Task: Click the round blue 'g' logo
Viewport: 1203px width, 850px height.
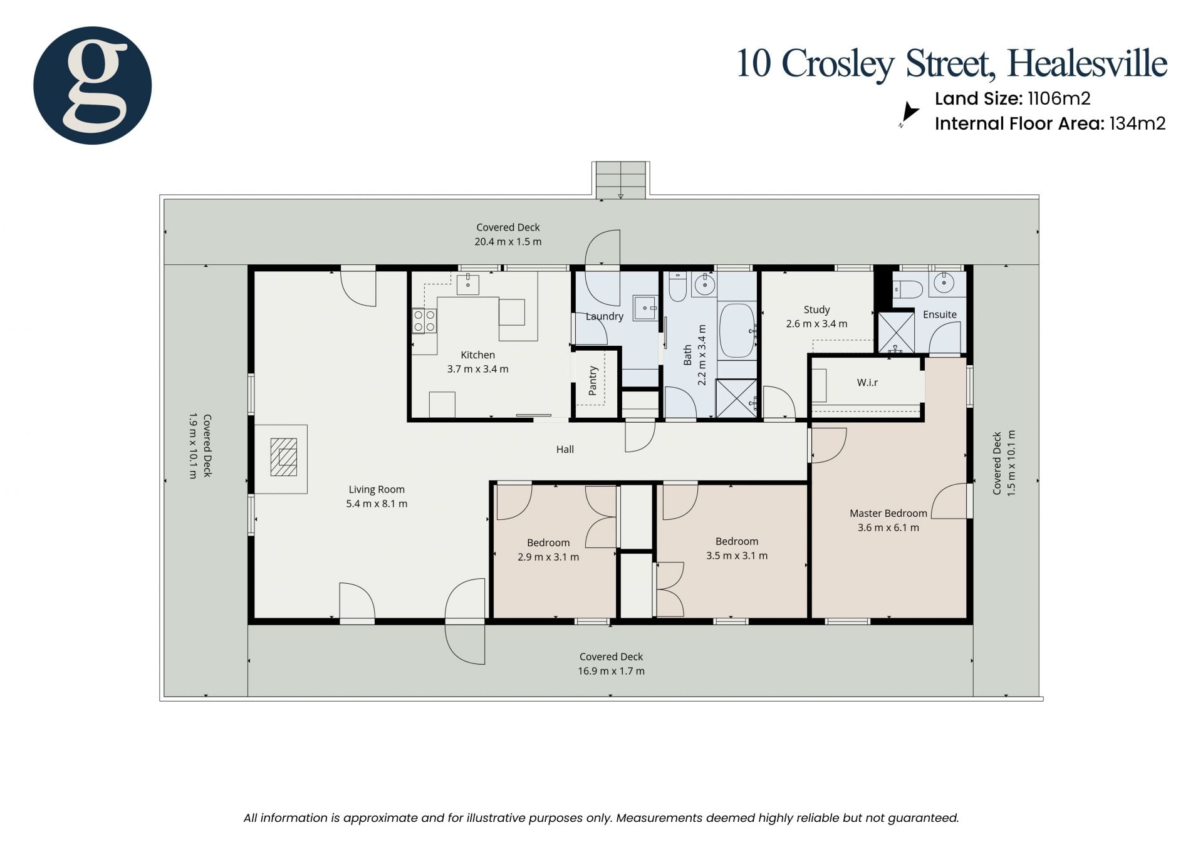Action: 92,85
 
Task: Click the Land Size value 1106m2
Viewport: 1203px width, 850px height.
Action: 1059,98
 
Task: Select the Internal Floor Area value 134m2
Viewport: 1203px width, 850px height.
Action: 1137,123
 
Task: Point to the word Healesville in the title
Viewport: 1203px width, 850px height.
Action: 1087,63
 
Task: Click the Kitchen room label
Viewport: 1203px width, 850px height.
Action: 477,355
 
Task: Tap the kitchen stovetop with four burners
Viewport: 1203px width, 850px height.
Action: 424,321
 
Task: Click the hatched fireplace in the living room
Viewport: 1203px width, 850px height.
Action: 284,457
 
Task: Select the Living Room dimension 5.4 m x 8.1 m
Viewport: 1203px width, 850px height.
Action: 377,504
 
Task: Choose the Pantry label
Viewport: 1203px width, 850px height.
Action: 593,381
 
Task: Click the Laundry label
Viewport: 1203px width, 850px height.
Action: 605,316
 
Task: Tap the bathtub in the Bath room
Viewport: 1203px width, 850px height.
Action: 737,330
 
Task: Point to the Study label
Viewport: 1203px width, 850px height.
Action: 816,309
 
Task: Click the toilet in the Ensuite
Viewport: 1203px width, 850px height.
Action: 908,289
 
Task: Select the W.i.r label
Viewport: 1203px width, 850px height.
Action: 867,382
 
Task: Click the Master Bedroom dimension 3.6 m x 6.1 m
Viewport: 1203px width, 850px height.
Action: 888,527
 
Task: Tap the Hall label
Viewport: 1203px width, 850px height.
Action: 565,449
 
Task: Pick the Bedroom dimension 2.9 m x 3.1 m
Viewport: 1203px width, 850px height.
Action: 548,557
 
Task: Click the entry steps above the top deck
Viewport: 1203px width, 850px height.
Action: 620,180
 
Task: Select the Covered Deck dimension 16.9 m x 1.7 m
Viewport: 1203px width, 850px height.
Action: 611,671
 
